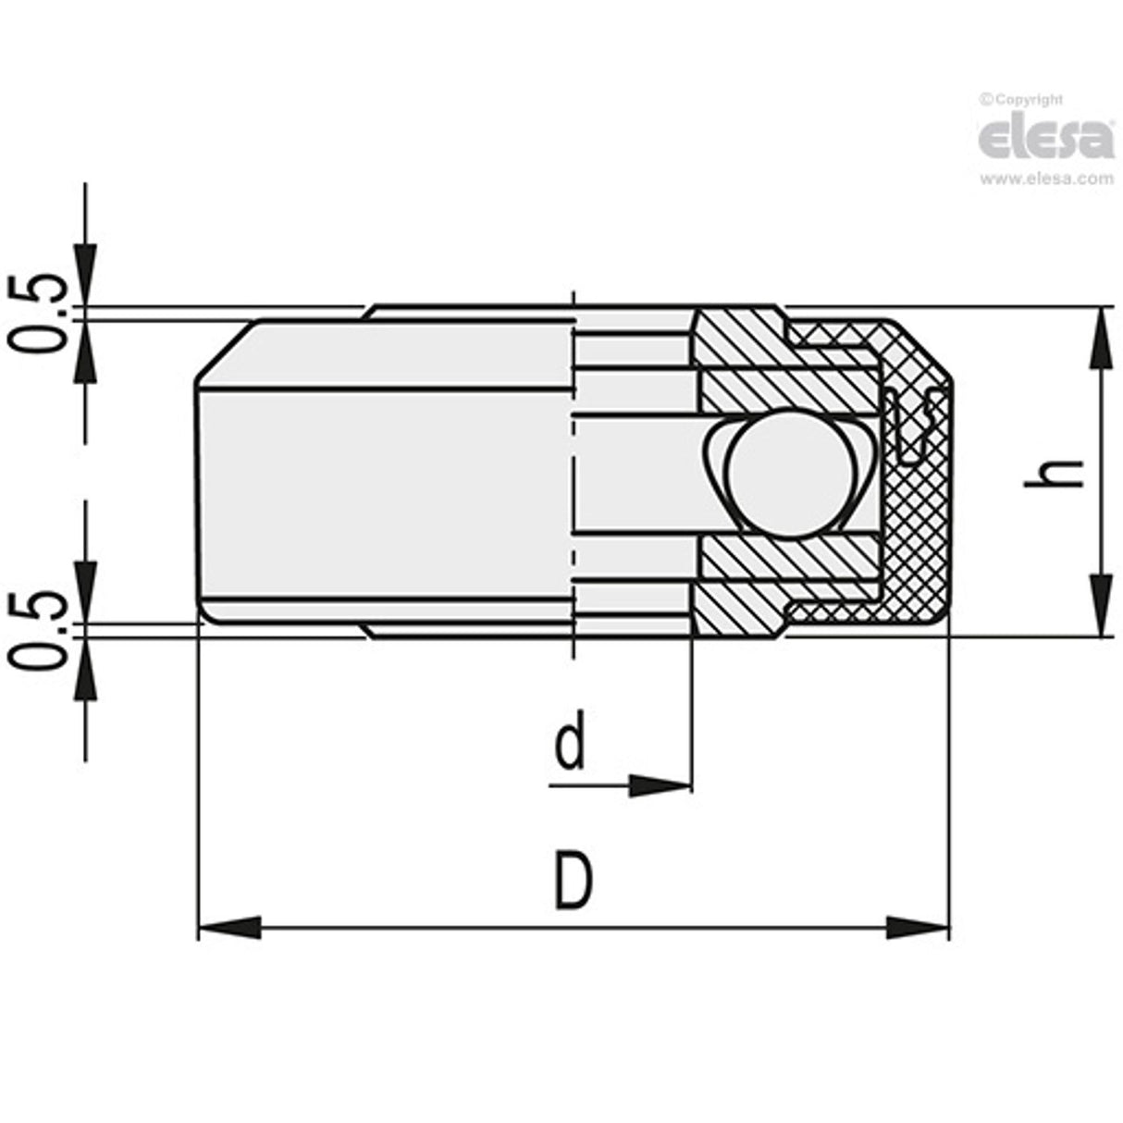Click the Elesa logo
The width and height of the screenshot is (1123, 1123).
click(x=1046, y=138)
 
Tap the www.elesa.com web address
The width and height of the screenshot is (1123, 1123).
click(x=1046, y=179)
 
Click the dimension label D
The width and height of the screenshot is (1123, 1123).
click(x=573, y=882)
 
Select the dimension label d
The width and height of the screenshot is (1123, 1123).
click(x=570, y=746)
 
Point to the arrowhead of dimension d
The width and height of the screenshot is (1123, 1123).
click(x=660, y=786)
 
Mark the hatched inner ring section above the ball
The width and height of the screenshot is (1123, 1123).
click(x=740, y=361)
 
